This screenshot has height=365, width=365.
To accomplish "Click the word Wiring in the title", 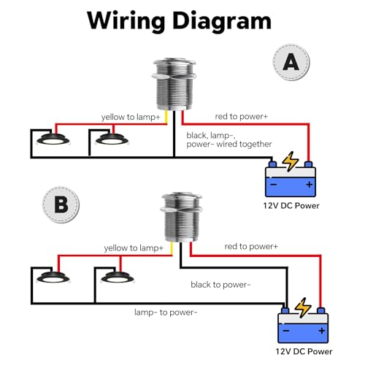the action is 126,22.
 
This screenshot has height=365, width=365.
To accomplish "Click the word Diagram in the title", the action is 222,22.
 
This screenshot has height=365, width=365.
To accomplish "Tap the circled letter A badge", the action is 291,62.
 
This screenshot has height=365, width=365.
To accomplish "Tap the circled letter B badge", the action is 61,204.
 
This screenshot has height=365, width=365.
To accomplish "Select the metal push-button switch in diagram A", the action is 174,85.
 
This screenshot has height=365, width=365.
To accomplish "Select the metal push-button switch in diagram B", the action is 182,217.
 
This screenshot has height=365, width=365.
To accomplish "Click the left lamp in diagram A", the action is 53,139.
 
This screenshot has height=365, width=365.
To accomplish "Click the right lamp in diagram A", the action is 112,139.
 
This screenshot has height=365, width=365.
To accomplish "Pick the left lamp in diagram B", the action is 53,277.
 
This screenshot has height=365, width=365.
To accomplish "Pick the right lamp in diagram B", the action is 118,277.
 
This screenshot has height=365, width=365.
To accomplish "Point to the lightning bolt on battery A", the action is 290,161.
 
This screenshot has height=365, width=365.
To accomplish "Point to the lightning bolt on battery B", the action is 303,307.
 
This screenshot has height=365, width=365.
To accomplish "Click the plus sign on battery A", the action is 310,185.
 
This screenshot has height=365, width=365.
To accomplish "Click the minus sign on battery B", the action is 286,331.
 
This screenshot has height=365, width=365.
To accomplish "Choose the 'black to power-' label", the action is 220,285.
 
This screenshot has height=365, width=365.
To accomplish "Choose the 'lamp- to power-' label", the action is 166,312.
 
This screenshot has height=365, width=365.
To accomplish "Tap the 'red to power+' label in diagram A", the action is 241,117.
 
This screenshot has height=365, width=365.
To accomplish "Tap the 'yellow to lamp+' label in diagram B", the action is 134,248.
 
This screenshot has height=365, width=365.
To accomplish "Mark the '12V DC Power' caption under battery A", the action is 291,206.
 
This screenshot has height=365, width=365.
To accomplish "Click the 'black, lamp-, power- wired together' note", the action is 229,139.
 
